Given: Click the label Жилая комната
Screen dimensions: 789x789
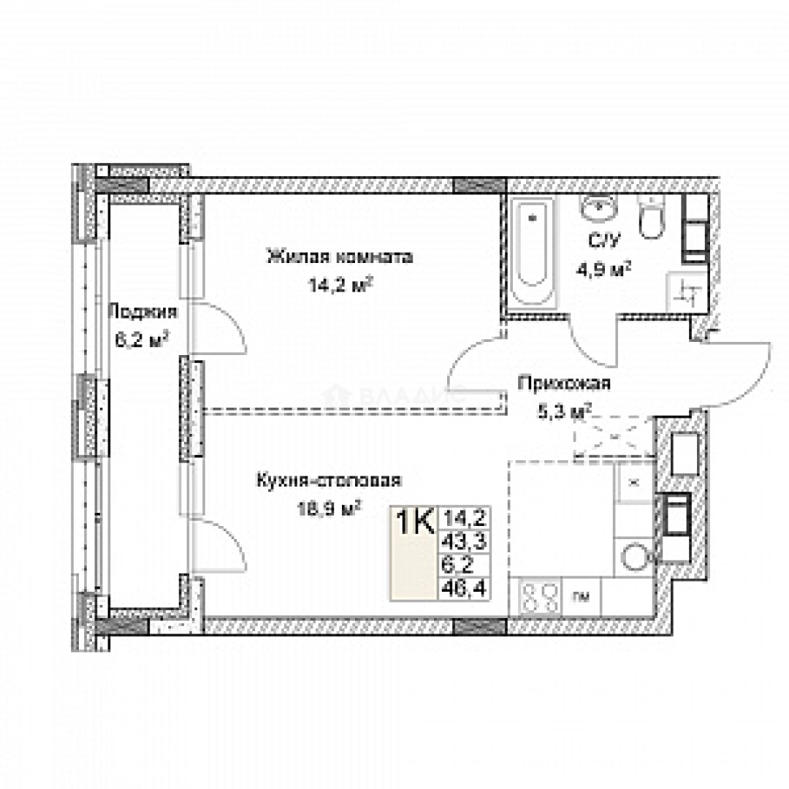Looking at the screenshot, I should click(340, 257).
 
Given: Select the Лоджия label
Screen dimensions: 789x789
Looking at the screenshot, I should click(142, 313).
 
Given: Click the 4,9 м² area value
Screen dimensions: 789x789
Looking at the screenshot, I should click(603, 268).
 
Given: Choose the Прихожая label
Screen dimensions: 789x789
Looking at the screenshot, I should click(563, 384).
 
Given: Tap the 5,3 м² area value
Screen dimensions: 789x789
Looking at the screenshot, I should click(563, 411).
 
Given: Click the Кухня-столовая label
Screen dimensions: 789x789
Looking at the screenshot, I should click(329, 480).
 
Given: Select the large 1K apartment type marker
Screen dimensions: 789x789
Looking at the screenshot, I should click(414, 523).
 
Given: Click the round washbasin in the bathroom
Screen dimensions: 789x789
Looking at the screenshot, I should click(600, 208).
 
